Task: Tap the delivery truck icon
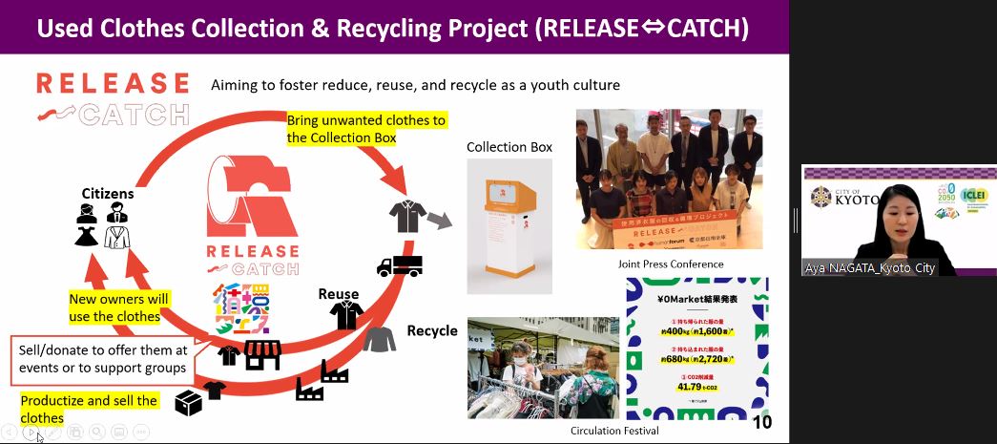(399, 266)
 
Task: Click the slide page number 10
(761, 422)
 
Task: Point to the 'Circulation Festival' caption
(614, 431)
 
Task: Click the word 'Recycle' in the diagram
(432, 331)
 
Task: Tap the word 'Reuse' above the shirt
(339, 294)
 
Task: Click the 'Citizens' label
(107, 194)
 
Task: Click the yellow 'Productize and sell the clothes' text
(89, 409)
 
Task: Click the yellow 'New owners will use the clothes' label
(118, 307)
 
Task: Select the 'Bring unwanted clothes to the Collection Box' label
(366, 129)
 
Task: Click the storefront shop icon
(261, 355)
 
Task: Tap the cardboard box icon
(188, 405)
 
